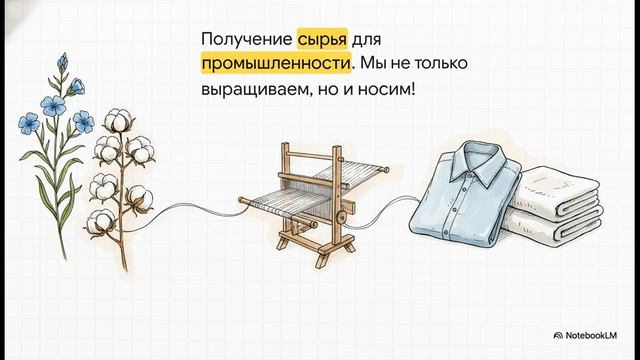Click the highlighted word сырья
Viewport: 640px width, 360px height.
point(324,40)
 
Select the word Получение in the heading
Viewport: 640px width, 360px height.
point(245,40)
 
